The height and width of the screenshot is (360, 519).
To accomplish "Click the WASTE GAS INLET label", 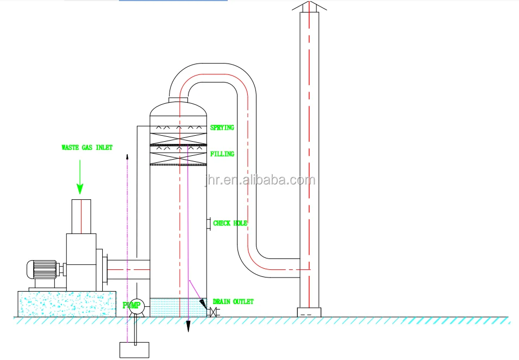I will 86,147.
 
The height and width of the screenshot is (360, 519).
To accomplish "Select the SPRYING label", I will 222,128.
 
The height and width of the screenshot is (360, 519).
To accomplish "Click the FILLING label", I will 222,154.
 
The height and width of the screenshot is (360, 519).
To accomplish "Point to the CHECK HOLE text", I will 230,223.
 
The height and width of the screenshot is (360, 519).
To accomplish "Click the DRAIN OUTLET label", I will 233,301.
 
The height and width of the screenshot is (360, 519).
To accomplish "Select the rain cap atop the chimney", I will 310,6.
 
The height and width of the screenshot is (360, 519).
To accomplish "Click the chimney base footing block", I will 309,312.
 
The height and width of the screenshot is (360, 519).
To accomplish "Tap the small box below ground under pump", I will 134,350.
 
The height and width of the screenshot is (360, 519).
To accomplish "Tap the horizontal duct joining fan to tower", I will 129,267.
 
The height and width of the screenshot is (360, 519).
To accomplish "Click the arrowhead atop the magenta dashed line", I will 127,155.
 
